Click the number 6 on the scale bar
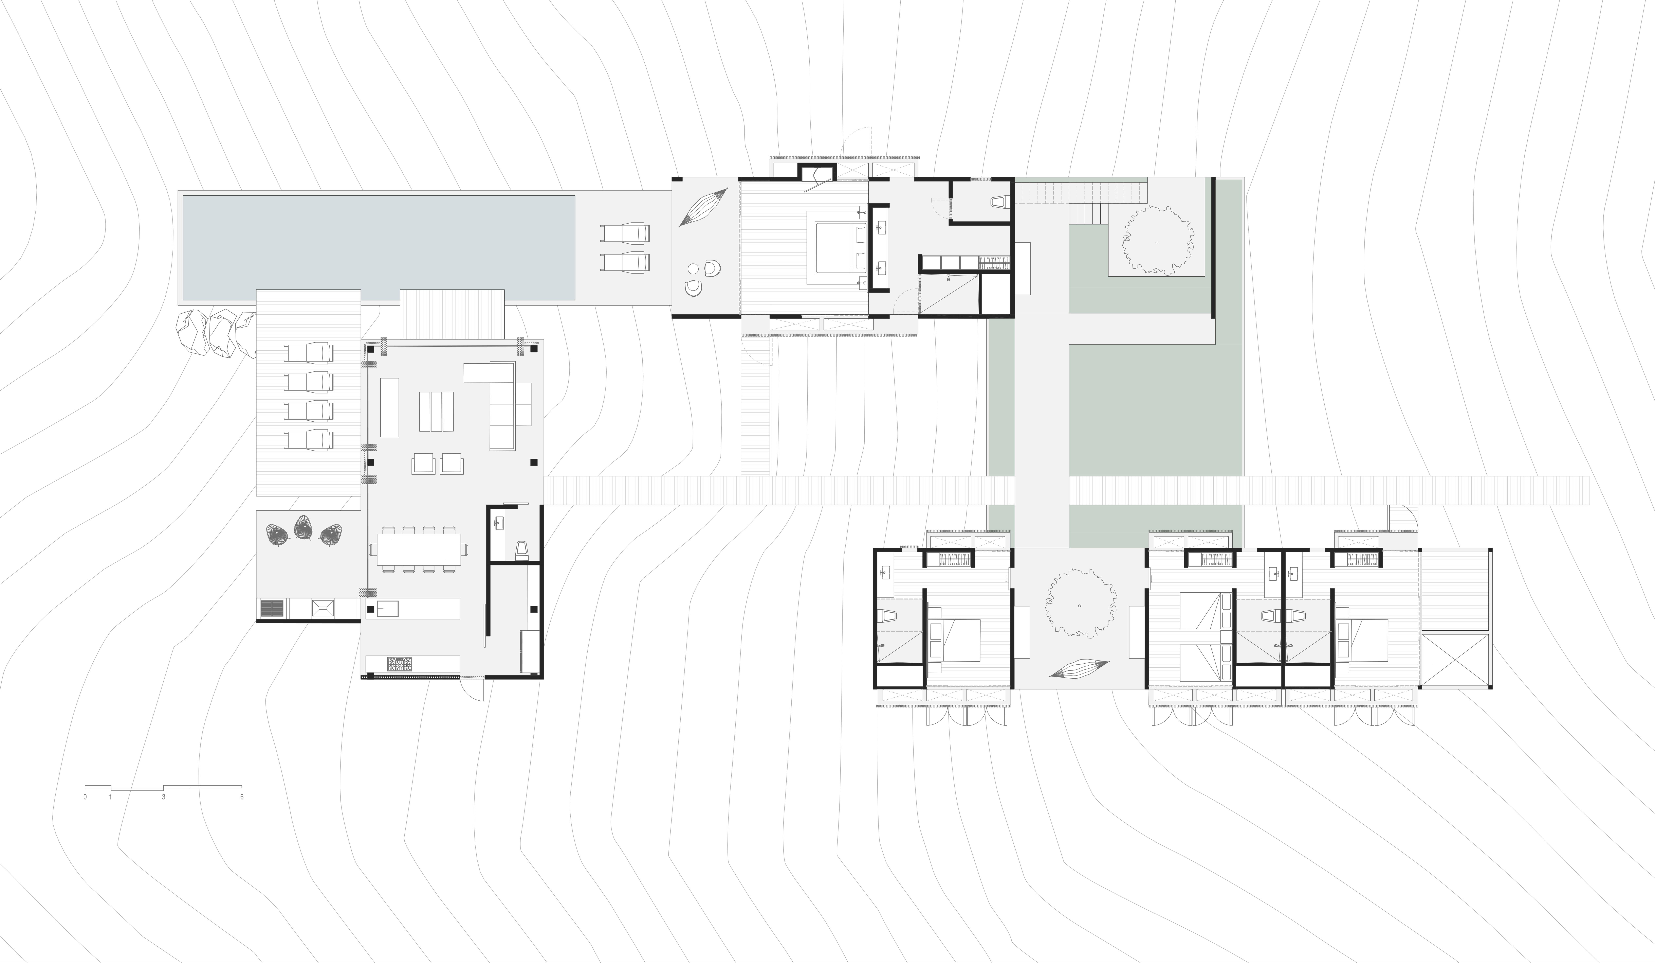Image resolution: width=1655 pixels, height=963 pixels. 242,797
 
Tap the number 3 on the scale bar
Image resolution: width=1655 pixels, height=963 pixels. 164,797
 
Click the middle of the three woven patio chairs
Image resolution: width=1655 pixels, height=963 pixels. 303,527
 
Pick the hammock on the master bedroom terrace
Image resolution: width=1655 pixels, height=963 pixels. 703,207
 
